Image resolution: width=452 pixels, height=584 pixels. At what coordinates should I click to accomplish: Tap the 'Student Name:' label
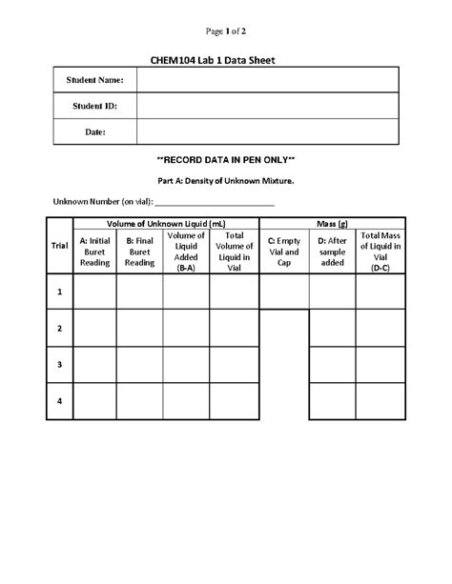[94, 81]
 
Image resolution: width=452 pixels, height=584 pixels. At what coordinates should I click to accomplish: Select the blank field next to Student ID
[267, 106]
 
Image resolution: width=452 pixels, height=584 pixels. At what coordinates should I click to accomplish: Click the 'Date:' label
[94, 131]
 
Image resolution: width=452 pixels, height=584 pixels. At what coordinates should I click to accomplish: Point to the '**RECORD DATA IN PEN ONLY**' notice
[225, 159]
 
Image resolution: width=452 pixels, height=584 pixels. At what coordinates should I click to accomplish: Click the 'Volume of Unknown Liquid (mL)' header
[166, 222]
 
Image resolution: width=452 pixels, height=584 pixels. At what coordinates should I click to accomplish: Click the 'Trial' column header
[59, 246]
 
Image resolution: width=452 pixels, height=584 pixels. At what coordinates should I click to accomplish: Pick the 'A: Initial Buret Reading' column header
[94, 252]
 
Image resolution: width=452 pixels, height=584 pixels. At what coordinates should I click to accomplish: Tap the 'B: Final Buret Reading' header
[140, 252]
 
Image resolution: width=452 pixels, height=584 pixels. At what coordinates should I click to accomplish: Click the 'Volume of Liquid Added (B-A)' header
[187, 252]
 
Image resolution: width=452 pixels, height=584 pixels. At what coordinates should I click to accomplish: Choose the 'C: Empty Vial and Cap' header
[284, 252]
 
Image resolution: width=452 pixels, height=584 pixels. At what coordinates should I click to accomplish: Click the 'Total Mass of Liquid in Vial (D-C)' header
[380, 252]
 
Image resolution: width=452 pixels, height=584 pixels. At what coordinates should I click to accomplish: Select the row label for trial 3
[59, 365]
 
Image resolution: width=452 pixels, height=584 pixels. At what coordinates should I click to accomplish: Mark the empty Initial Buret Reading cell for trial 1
[94, 292]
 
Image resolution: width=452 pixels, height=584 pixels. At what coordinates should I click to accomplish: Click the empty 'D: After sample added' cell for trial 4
[333, 401]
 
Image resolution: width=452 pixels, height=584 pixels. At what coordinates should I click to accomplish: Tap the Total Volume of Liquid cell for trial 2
[234, 329]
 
